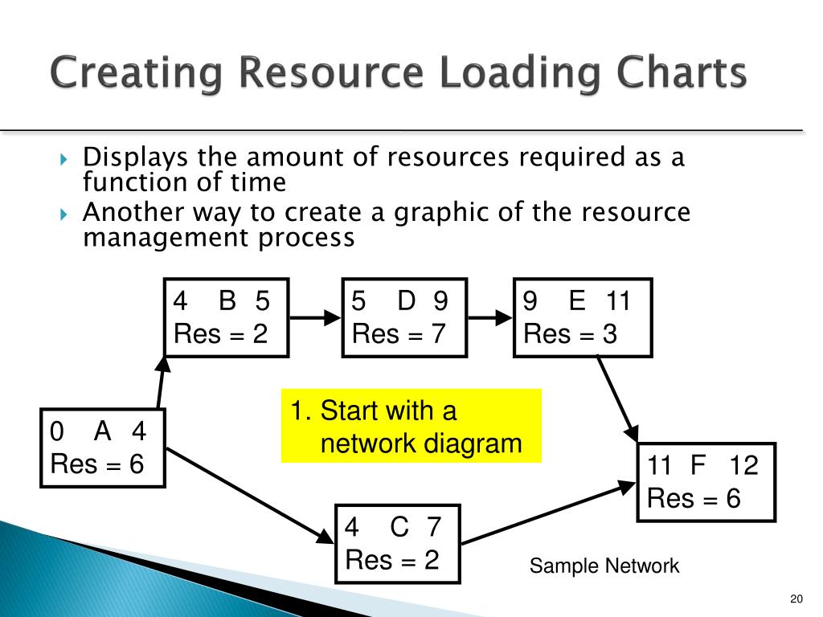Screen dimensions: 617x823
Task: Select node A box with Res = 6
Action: pos(103,448)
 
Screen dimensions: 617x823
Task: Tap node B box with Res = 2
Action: pos(227,317)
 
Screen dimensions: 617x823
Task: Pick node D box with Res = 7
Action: pos(404,317)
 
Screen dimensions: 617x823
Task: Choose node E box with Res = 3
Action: pos(583,317)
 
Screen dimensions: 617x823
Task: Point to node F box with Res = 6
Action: pos(706,482)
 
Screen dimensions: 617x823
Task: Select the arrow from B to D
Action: pos(316,318)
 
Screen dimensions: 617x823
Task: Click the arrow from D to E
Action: pos(490,318)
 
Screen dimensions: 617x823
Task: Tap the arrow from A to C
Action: pos(249,495)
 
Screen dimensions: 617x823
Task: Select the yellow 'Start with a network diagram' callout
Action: pos(411,426)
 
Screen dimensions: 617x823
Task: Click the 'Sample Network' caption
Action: pos(604,566)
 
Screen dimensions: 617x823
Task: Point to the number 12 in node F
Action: pos(743,465)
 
